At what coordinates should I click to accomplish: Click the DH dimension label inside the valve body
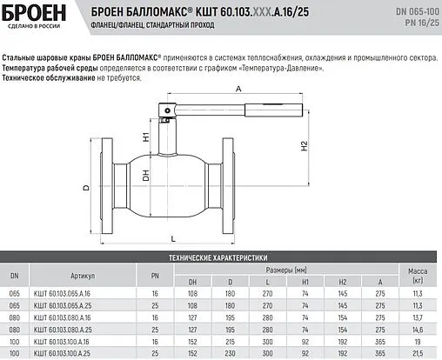coord(146,177)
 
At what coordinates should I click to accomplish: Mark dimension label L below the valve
coord(173,236)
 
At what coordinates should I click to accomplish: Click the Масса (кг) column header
coord(416,276)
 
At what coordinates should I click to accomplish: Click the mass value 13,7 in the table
coord(416,318)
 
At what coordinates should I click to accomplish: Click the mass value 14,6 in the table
coord(416,330)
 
